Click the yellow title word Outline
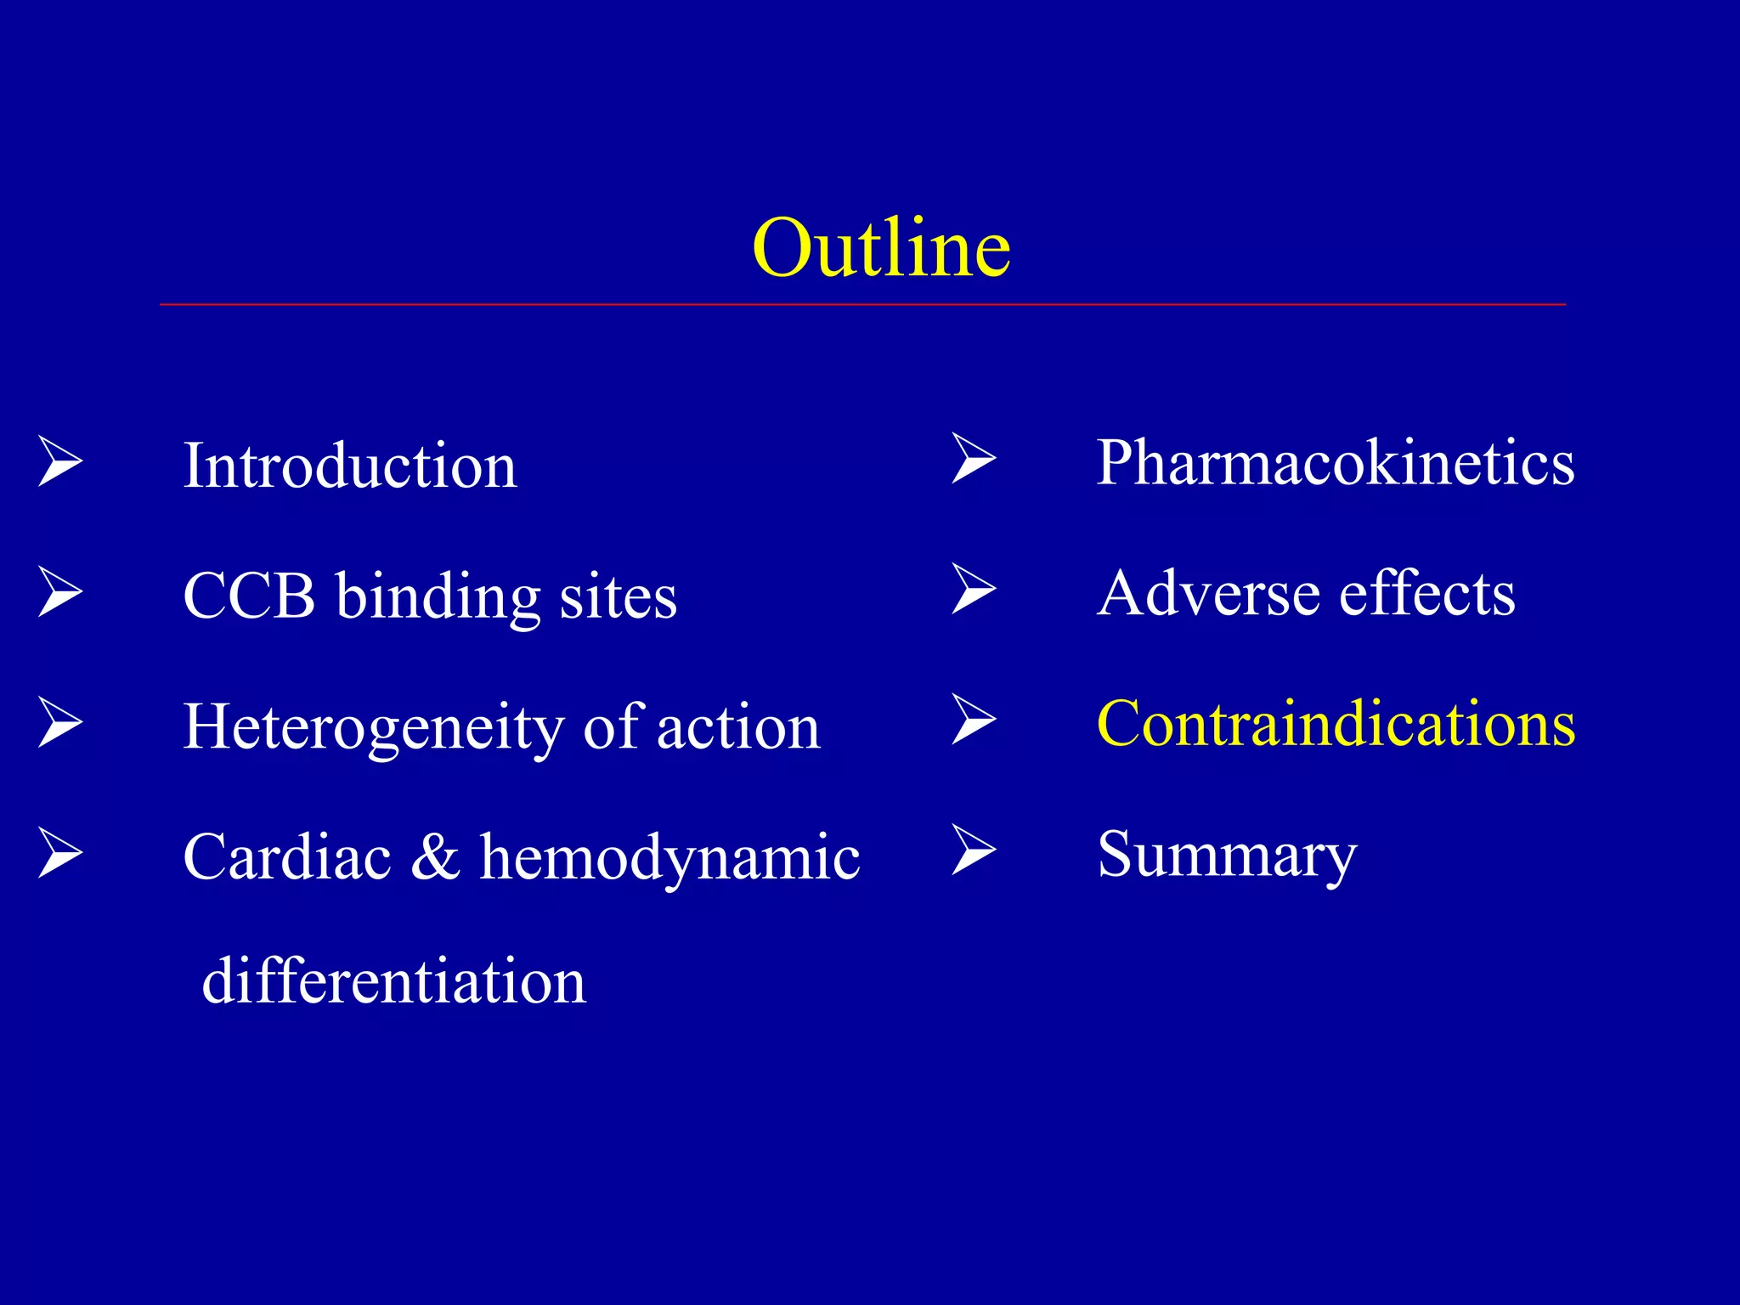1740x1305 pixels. (881, 248)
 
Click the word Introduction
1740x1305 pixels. (350, 466)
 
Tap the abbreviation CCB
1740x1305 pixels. (249, 596)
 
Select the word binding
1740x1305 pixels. (438, 597)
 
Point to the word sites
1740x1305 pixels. (618, 597)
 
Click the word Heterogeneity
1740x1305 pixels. (374, 728)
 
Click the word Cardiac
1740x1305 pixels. (287, 856)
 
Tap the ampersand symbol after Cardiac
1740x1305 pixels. (435, 856)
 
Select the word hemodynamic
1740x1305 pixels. (669, 858)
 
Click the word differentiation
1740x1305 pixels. (394, 980)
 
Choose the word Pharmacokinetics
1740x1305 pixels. (1336, 463)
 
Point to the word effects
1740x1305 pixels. (1427, 593)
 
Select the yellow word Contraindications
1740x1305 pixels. (1336, 724)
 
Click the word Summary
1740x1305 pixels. (1227, 856)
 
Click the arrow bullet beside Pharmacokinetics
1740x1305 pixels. (974, 459)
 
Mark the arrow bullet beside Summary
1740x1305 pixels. (974, 850)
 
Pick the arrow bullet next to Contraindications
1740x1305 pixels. (974, 720)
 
